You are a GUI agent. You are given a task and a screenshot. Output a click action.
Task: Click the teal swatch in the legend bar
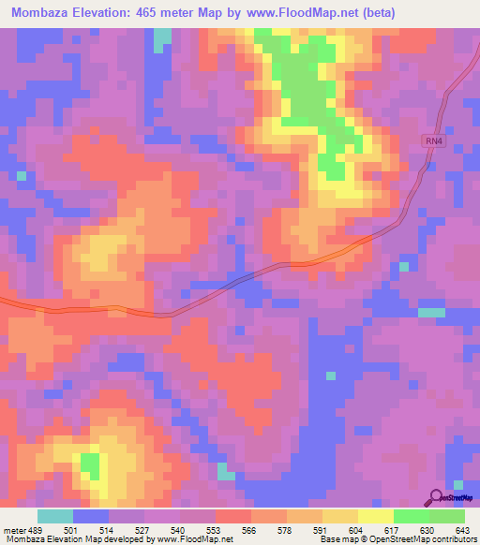55,516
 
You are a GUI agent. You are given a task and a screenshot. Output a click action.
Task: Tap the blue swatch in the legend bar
91,516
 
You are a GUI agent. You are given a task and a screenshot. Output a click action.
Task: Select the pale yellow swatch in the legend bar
376,516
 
